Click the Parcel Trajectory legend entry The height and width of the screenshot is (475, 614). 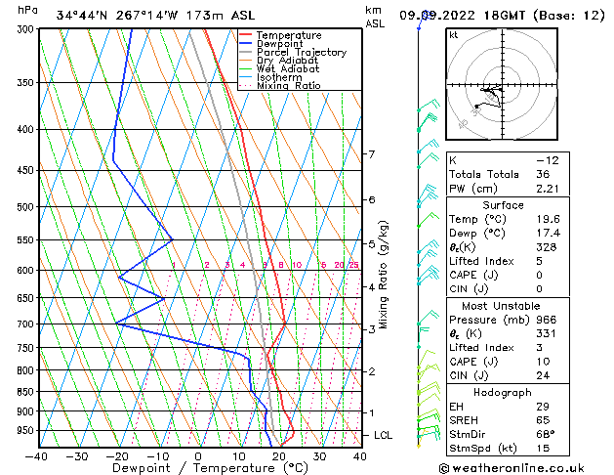point(301,52)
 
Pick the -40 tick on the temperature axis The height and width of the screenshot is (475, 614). point(37,455)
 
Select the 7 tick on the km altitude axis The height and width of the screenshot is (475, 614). point(371,154)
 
